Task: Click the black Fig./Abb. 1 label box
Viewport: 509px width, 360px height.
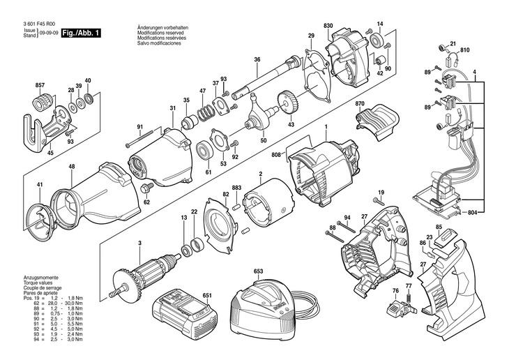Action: click(x=81, y=33)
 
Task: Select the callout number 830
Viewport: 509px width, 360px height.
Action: click(x=328, y=26)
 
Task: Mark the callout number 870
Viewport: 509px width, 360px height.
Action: click(x=360, y=105)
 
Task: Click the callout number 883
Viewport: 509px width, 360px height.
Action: click(x=236, y=188)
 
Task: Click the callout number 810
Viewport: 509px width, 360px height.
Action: click(x=465, y=50)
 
